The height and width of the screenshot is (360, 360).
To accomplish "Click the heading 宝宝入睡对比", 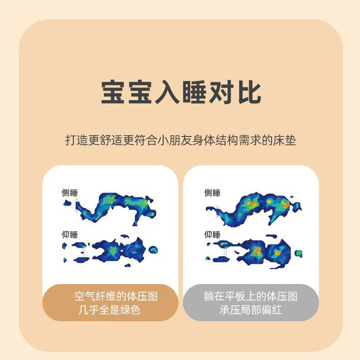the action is pyautogui.click(x=181, y=93).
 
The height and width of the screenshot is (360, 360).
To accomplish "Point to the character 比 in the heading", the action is pyautogui.click(x=249, y=93).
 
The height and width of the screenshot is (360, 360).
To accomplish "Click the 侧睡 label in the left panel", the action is pyautogui.click(x=70, y=193).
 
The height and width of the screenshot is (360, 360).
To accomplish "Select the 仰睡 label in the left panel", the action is pyautogui.click(x=70, y=234).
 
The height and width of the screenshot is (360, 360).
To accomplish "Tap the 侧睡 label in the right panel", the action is pyautogui.click(x=212, y=193).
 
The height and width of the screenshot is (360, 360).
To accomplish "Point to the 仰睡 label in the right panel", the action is pyautogui.click(x=212, y=234).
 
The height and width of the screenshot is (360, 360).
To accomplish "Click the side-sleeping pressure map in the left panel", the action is pyautogui.click(x=116, y=207).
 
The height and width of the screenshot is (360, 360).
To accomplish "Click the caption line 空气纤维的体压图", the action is pyautogui.click(x=116, y=297).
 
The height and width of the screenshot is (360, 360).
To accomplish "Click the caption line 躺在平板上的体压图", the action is pyautogui.click(x=251, y=297).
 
